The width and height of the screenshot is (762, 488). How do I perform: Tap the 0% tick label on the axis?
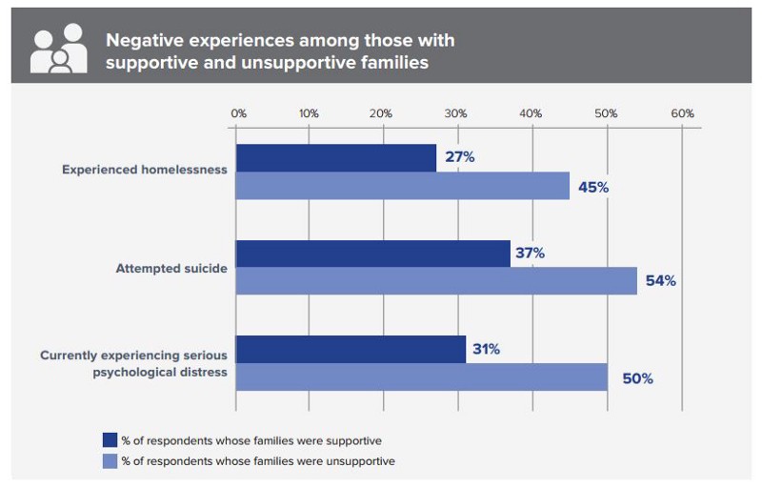coord(238,112)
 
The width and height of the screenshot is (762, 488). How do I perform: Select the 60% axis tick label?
coord(682,112)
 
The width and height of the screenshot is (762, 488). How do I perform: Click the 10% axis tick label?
coord(309,112)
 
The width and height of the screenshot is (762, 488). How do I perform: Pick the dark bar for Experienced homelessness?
coord(335,158)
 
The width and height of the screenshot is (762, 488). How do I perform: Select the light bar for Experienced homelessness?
coord(402,186)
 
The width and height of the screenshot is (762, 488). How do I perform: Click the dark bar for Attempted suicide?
coord(372,254)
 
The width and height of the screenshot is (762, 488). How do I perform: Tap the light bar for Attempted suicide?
coord(435,281)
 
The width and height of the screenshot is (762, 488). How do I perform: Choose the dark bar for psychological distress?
coord(351,349)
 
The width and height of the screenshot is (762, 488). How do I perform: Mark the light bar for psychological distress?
coord(421,376)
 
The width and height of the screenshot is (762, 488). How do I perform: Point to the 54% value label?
coord(660,281)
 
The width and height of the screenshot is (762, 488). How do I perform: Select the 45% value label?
coord(593,187)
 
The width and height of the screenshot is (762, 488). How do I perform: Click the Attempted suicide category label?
coord(171,268)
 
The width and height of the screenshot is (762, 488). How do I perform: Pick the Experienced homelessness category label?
coord(145,170)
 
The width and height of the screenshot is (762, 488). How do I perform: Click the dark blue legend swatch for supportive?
coord(110,440)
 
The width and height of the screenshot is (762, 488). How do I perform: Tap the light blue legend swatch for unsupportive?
coord(110,460)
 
